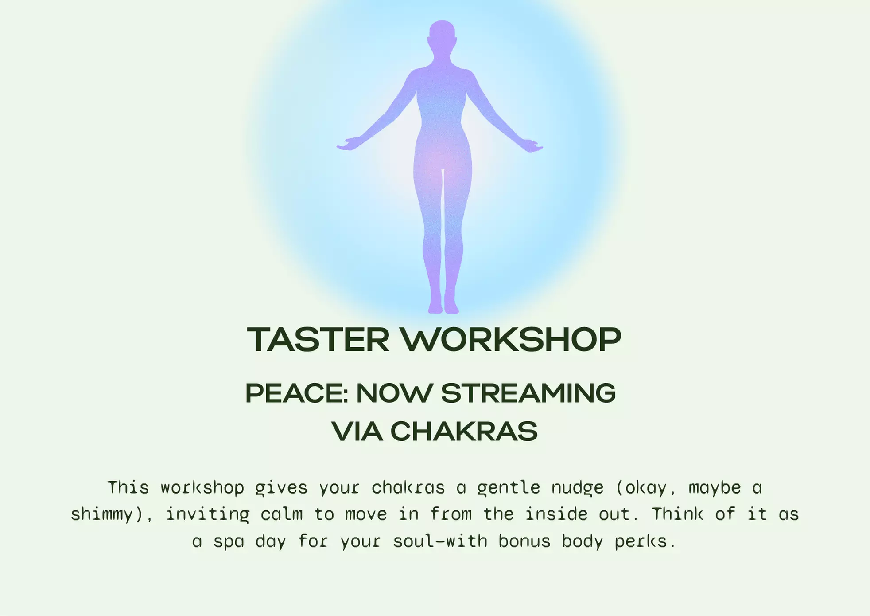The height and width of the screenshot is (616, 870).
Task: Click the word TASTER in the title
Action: tap(318, 340)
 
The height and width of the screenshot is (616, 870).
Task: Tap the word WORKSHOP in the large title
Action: tap(511, 340)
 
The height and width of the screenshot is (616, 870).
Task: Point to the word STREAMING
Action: tap(528, 393)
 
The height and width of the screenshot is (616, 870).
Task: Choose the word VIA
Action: tap(357, 432)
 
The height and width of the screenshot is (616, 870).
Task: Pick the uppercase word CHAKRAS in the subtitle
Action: tap(464, 432)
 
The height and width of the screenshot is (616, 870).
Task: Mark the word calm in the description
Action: tap(281, 515)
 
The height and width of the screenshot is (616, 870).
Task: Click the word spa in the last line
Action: tap(229, 542)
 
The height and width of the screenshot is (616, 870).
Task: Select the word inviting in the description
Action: tap(207, 515)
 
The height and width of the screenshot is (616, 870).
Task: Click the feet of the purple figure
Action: tap(443, 306)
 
